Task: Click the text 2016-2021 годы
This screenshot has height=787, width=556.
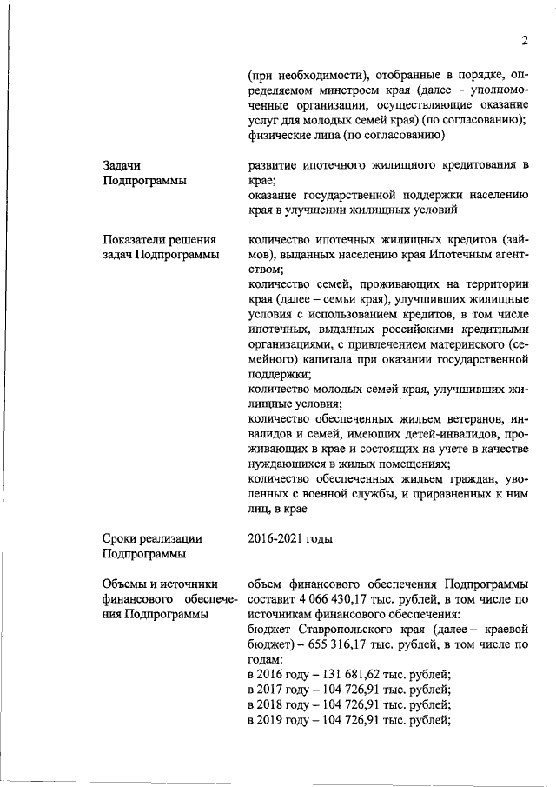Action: click(x=290, y=538)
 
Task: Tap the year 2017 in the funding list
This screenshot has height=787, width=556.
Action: click(x=275, y=690)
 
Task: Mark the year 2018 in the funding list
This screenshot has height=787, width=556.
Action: click(x=275, y=704)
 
